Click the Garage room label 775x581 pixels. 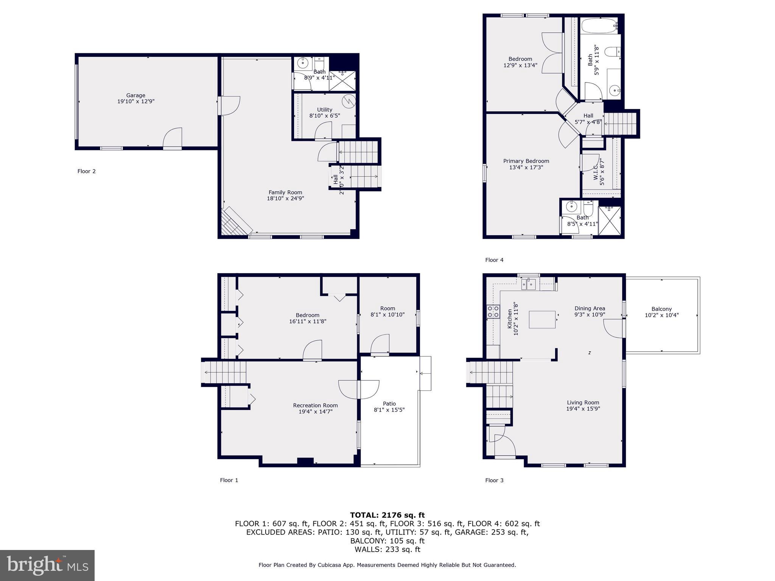[135, 95]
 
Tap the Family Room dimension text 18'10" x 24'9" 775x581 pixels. [285, 198]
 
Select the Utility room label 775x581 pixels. [325, 110]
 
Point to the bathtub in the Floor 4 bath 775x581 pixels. [599, 26]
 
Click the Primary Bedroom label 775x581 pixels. [526, 161]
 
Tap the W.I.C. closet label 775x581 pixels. [596, 172]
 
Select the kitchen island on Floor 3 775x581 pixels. [542, 320]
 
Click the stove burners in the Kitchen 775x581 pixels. [493, 312]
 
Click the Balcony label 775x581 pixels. [661, 309]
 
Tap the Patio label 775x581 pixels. [389, 404]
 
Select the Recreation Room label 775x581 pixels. [315, 405]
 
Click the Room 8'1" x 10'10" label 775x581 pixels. [387, 308]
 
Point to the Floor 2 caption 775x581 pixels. [86, 171]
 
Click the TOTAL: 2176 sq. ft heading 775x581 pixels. [387, 515]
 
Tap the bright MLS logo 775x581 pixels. [47, 565]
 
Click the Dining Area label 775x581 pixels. [590, 308]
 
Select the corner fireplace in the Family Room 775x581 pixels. [235, 223]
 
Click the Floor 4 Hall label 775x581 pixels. [588, 116]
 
